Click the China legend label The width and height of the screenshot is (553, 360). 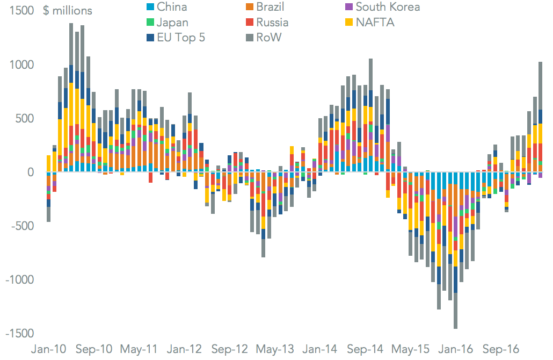coord(172,7)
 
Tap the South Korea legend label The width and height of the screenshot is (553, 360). coord(388,7)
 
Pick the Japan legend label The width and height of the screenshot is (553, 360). coord(173,22)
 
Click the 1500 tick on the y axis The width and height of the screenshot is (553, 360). coord(21,11)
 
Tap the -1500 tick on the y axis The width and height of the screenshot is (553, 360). coord(19,334)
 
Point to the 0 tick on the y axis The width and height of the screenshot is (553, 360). coord(31,172)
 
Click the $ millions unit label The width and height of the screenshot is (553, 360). coord(67,11)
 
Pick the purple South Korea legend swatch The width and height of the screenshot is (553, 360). coord(348,7)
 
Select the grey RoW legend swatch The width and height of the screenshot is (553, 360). coord(250,37)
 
